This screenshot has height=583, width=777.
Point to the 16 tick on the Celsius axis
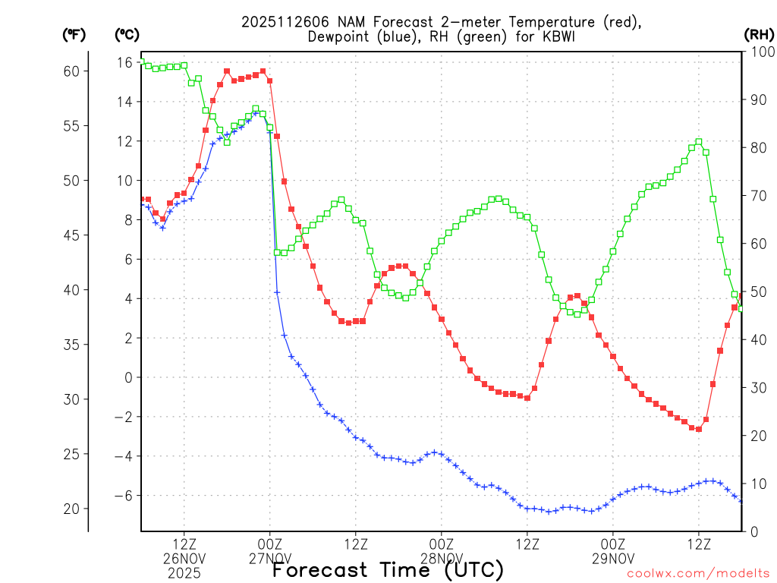coord(125,62)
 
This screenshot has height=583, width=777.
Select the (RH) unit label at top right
coord(758,34)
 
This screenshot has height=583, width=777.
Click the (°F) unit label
coord(74,34)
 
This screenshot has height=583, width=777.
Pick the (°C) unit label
coord(127,34)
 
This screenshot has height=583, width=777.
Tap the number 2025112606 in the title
coord(286,22)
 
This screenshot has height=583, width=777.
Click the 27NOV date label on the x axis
coord(270,559)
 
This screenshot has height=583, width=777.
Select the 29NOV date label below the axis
coord(613,559)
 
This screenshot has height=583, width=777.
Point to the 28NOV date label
coord(442,559)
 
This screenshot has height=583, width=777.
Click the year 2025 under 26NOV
coord(184,573)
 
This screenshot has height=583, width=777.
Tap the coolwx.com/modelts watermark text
coord(697,574)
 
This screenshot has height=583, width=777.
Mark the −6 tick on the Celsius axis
coord(124,496)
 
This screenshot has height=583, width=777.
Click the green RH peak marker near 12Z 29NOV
coord(699,142)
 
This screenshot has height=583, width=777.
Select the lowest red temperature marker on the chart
coord(699,429)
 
